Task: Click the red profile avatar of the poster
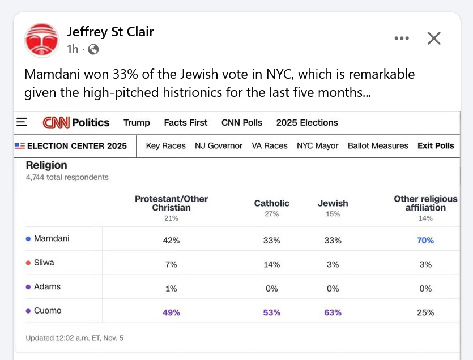point(42,40)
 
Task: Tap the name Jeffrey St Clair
point(110,32)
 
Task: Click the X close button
point(434,38)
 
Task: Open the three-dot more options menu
point(401,38)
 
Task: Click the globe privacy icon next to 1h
point(93,49)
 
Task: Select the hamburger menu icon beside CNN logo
point(22,122)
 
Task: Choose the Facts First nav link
point(185,122)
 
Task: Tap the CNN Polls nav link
point(242,122)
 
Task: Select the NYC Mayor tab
point(317,145)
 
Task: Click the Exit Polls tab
point(436,145)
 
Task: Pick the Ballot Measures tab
point(378,145)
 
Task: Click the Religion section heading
point(46,165)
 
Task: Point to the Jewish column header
point(333,203)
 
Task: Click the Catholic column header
point(271,203)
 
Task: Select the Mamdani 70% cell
point(425,240)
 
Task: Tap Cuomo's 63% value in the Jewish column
point(333,312)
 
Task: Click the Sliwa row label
point(44,263)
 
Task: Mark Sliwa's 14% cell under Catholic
point(271,264)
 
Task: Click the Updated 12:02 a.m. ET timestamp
point(74,338)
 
